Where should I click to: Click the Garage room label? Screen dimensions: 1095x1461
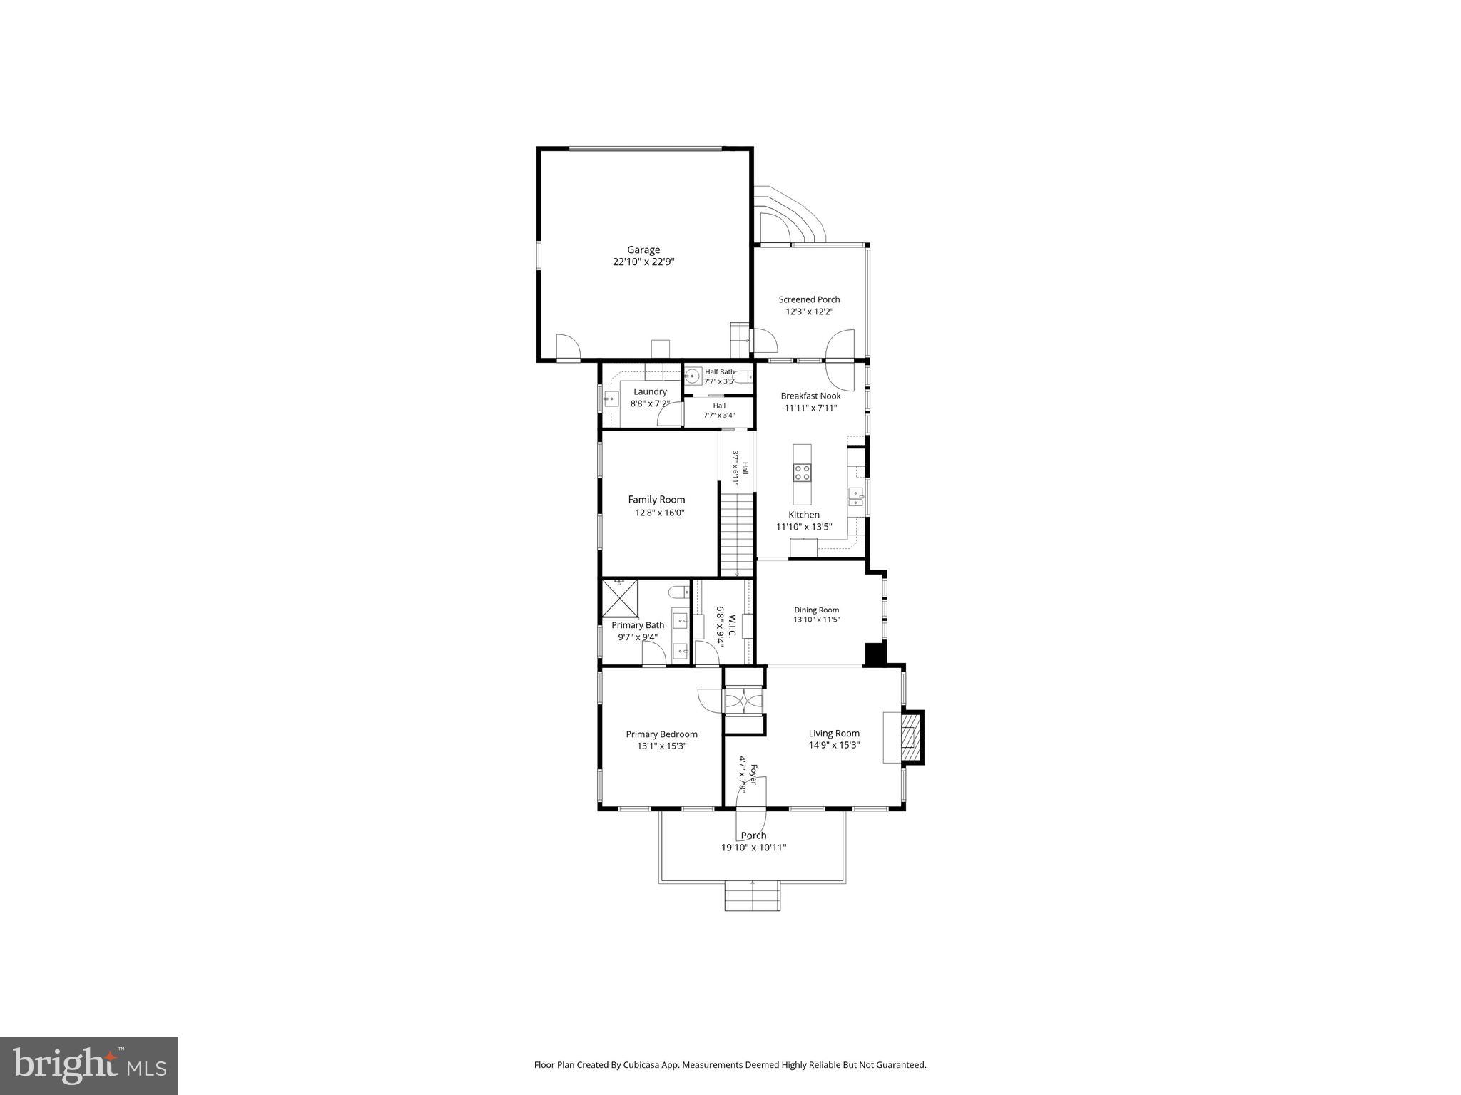click(x=643, y=250)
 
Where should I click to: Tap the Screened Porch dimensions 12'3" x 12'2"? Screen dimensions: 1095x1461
click(x=809, y=312)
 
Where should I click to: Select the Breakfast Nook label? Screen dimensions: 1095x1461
click(x=810, y=396)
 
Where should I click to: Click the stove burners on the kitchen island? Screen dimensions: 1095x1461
click(x=802, y=472)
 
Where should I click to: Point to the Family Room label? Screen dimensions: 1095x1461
click(x=656, y=500)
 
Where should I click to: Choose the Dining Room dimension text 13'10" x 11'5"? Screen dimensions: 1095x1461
click(x=817, y=620)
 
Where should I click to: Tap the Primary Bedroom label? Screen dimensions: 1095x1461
click(x=661, y=734)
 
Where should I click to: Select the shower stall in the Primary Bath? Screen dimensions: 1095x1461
click(x=620, y=598)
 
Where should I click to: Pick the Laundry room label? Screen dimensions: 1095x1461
click(x=650, y=391)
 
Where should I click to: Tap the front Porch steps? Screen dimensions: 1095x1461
click(x=753, y=896)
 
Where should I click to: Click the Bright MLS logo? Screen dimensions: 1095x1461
click(x=89, y=1065)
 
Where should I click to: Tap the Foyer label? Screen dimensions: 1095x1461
click(x=753, y=774)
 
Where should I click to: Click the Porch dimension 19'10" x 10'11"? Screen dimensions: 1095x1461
click(x=753, y=848)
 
